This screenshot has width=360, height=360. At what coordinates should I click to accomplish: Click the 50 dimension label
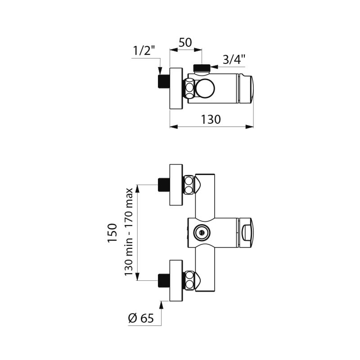pos(185,42)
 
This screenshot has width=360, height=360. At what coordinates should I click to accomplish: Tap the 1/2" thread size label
pos(144,50)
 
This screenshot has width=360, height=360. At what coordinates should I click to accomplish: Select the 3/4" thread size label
pos(234,60)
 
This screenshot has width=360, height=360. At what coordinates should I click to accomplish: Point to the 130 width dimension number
pos(211,119)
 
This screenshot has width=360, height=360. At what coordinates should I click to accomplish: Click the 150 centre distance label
pos(112,232)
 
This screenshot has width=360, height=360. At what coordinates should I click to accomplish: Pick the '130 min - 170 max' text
pos(129,232)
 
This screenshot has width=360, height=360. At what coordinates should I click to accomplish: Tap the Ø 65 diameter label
pos(141,318)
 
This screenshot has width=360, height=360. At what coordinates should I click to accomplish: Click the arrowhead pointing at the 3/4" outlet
pos(215,67)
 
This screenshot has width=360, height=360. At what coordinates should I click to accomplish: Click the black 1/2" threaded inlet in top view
pos(164,81)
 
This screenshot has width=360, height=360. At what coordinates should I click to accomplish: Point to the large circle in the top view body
pos(205,89)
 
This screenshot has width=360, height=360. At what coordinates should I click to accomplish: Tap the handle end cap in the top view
pos(246,88)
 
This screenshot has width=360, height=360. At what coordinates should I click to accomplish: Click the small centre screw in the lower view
pos(202,233)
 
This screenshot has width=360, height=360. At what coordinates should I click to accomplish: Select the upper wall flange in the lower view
pos(176,184)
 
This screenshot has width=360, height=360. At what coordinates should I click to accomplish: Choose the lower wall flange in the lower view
pos(176,280)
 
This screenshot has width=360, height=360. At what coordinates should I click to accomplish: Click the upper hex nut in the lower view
pos(189,185)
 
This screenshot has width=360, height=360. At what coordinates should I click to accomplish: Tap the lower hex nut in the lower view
pos(189,280)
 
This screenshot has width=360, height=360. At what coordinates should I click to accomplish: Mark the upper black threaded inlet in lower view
pos(164,184)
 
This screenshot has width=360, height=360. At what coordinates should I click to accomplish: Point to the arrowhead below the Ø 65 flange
pos(161,305)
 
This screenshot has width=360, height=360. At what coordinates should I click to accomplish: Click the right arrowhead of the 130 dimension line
pos(250,126)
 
